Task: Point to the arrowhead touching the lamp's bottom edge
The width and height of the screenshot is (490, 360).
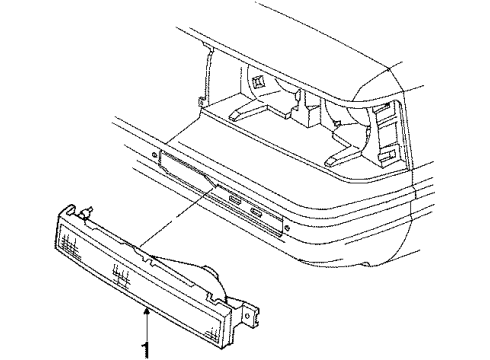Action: [148, 312]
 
